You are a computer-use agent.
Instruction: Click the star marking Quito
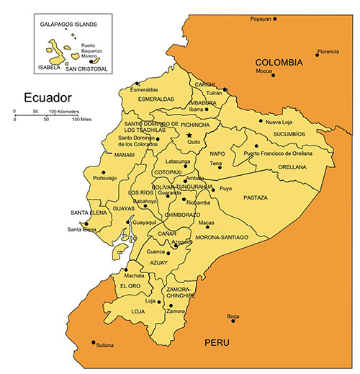189,135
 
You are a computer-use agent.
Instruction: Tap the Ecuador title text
48,97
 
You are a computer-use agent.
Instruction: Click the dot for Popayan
274,19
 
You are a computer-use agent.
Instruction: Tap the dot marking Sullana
94,342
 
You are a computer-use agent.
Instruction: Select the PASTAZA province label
256,197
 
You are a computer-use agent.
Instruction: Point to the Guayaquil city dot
130,223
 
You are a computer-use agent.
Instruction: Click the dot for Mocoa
273,76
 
